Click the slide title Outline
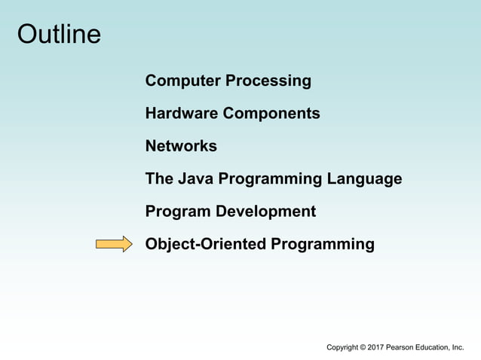59,34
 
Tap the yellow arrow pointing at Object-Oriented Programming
114,244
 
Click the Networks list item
181,146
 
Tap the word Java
193,179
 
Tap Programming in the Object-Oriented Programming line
323,244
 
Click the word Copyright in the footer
342,347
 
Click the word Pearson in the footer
403,347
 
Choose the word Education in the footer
435,347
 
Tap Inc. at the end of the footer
458,347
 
